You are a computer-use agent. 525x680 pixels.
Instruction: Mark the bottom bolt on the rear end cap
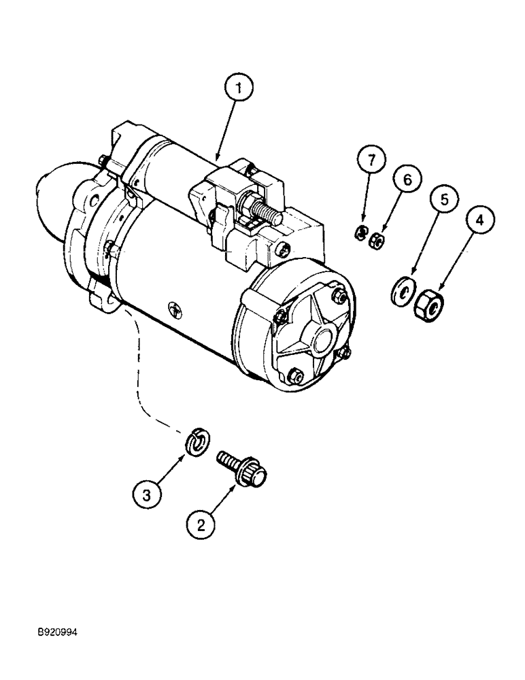[295, 375]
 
